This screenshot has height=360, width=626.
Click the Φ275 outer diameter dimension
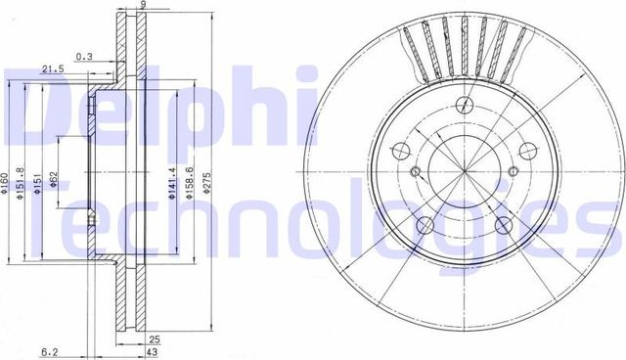(207, 180)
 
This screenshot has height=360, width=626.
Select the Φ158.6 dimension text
(190, 180)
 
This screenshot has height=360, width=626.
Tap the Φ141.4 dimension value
(170, 180)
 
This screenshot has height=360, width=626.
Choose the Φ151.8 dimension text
(22, 180)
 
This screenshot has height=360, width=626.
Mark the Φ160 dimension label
(5, 180)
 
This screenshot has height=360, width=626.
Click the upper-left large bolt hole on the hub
(400, 151)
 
